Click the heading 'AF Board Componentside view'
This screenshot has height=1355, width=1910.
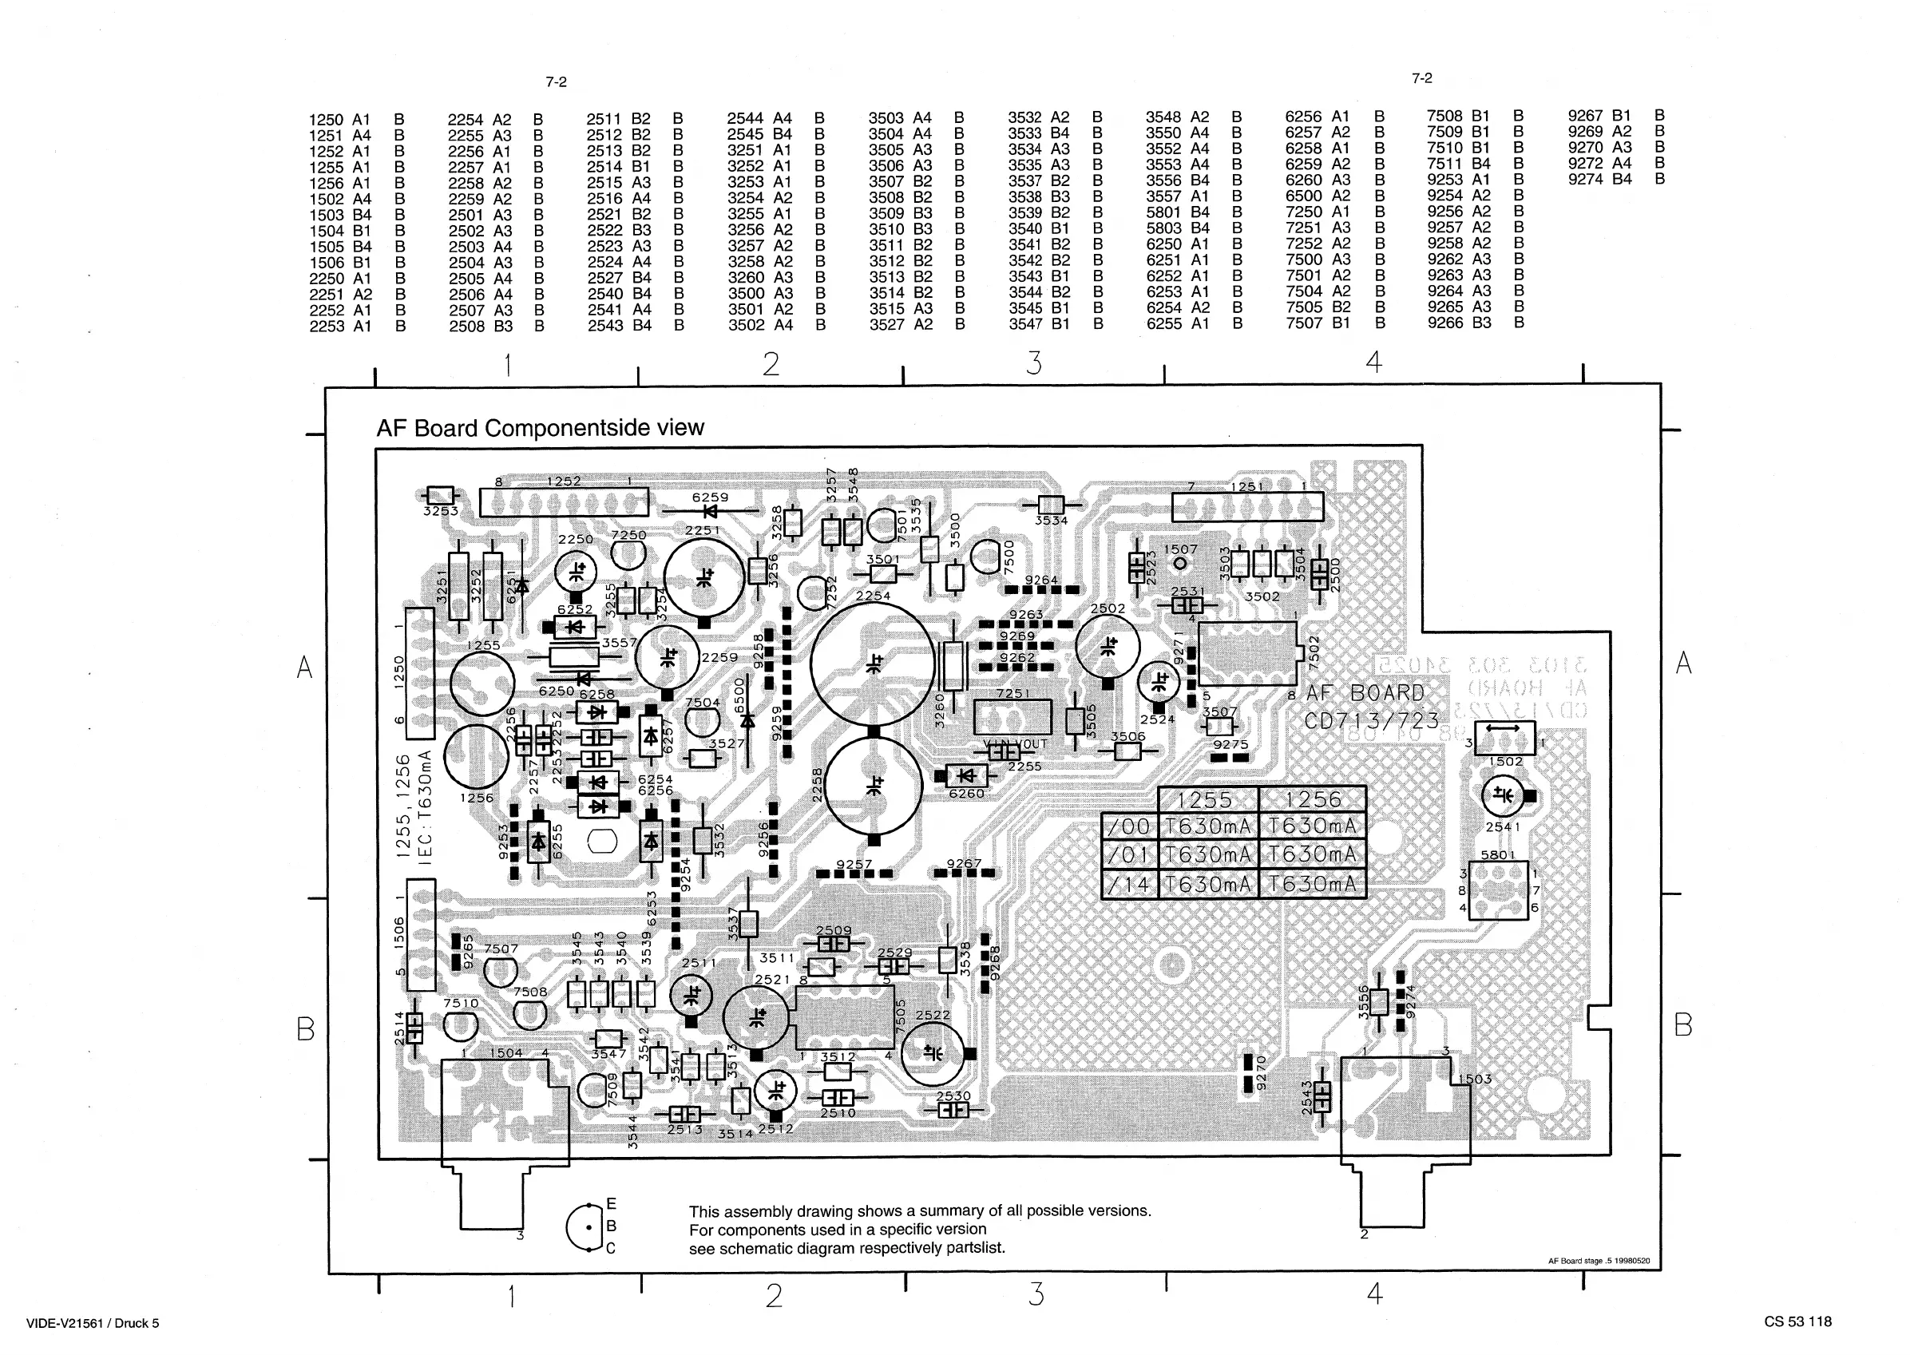pos(540,428)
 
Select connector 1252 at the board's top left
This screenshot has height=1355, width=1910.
pos(563,502)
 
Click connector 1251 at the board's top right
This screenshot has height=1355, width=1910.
pos(1246,506)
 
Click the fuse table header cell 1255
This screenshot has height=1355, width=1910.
pos(1207,799)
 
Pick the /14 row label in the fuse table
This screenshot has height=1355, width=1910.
pos(1129,885)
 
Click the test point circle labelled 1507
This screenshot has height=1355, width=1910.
pos(1181,564)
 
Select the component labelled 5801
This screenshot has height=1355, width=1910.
pos(1499,891)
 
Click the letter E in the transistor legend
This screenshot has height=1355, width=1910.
pos(611,1204)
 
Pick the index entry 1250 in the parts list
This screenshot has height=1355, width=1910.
pos(327,120)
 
